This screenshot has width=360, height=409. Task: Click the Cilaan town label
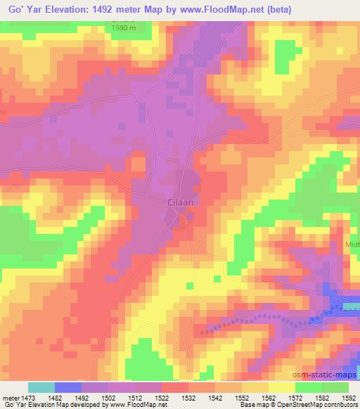[181, 202]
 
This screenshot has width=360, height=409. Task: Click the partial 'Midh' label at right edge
[352, 245]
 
